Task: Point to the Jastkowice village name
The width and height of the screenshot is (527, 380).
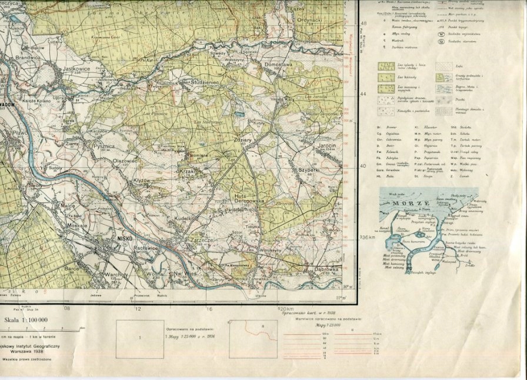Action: [75, 69]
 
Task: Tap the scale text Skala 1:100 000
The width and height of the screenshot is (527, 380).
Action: [26, 321]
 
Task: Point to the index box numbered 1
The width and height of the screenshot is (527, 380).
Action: [139, 338]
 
